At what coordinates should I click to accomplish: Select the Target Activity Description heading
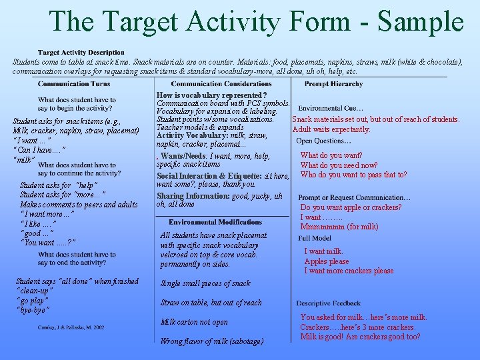(81, 52)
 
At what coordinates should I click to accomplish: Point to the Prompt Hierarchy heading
(333, 84)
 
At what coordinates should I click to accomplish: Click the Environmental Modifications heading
(215, 222)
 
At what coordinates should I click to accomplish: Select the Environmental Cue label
(330, 109)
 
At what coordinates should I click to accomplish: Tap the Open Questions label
(323, 141)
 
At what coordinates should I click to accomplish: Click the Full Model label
(315, 238)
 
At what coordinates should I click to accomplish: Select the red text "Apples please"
(327, 261)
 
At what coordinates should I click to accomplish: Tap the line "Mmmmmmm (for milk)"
(339, 227)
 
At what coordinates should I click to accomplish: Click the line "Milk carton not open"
(194, 322)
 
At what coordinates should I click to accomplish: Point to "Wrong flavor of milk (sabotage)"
(212, 341)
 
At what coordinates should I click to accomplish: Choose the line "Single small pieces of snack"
(205, 283)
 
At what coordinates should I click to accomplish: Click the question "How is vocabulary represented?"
(211, 96)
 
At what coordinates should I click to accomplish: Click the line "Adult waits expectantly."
(331, 129)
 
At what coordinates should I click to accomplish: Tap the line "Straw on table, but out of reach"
(211, 303)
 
